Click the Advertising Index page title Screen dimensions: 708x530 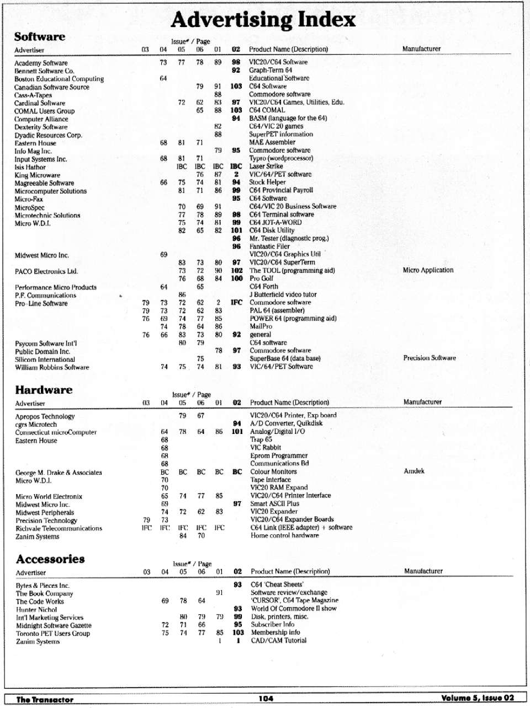[x=263, y=20]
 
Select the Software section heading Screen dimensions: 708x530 [x=39, y=37]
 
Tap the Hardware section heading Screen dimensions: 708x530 [x=44, y=390]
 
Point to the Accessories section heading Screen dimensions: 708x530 [x=50, y=559]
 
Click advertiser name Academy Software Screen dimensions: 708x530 [x=41, y=63]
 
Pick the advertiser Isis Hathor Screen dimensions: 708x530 [x=30, y=167]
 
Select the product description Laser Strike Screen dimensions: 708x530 [x=266, y=166]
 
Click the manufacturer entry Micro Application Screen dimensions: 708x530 [x=428, y=270]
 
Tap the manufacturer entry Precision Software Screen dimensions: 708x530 [x=430, y=358]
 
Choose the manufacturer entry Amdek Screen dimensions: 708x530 [x=414, y=471]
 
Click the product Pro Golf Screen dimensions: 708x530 [x=262, y=278]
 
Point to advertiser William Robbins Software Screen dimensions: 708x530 [x=52, y=367]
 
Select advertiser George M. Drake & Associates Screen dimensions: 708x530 [x=59, y=473]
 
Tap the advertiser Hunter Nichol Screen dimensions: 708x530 [x=36, y=610]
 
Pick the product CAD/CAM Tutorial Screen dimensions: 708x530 [x=278, y=641]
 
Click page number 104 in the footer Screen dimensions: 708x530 [x=266, y=699]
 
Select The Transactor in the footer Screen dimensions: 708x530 [x=45, y=699]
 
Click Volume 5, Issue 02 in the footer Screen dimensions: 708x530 [x=478, y=698]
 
